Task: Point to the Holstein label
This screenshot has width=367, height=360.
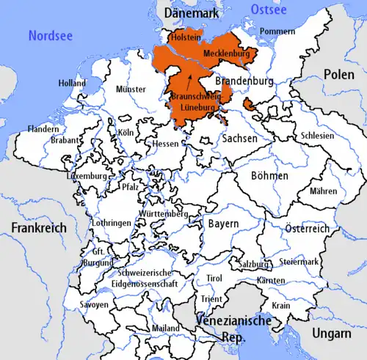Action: [x=184, y=36]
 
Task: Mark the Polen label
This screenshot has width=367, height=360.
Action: [x=339, y=75]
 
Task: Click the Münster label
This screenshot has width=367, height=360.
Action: [x=131, y=89]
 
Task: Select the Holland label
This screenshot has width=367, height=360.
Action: [x=72, y=83]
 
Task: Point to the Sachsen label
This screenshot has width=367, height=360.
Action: [x=240, y=138]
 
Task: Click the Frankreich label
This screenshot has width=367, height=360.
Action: [x=38, y=227]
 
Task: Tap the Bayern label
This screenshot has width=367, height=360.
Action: [x=223, y=222]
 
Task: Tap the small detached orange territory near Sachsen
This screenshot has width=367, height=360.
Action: [x=251, y=106]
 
